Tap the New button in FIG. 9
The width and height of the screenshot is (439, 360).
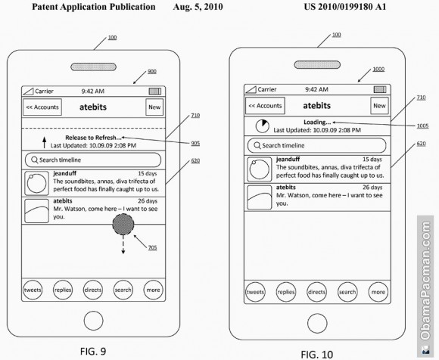point(154,107)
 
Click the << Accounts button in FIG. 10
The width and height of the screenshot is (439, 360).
point(265,106)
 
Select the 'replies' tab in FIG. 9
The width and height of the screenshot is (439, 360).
point(63,290)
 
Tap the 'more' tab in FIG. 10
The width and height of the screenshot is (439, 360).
point(378,292)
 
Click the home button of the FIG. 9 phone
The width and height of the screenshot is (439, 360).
point(94,321)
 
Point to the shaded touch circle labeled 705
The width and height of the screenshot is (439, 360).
point(123,225)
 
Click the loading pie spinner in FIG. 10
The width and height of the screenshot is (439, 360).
point(263,126)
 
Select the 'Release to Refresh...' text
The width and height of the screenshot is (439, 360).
point(94,138)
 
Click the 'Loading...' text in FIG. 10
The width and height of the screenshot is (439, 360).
point(317,123)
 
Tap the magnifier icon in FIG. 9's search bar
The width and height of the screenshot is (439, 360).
point(35,160)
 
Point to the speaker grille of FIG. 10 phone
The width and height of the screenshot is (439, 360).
point(317,64)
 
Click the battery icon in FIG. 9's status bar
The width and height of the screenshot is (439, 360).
point(155,92)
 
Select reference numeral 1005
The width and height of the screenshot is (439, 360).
point(422,126)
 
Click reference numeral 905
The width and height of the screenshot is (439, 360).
point(195,143)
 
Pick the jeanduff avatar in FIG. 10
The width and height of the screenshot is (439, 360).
point(260,169)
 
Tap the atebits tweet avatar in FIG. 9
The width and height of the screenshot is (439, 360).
point(36,210)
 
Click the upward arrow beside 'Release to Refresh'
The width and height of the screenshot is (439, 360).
point(44,142)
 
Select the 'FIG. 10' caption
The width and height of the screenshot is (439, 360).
point(317,355)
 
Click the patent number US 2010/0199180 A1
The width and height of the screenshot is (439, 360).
point(345,7)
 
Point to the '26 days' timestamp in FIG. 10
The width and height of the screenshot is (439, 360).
point(372,187)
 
